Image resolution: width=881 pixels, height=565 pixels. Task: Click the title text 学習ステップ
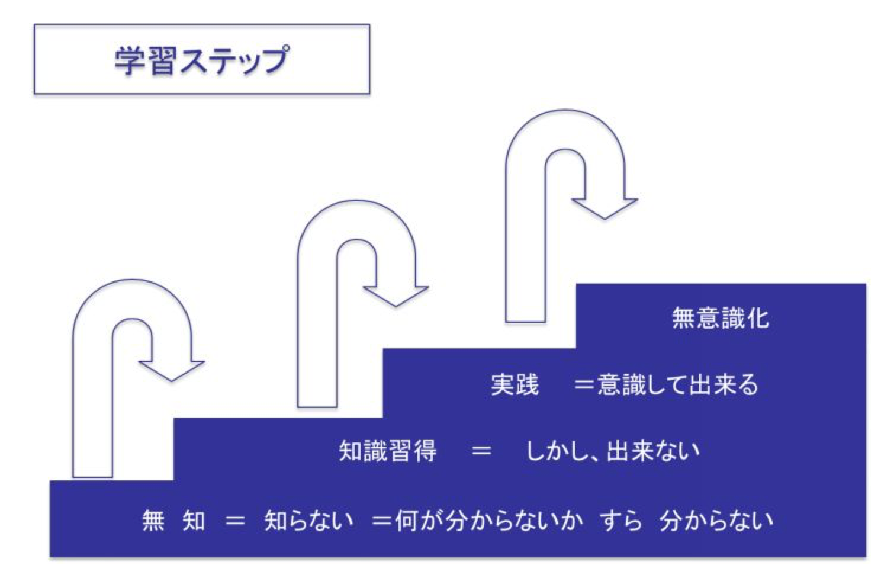[202, 60]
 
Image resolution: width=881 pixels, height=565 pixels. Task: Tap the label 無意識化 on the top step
[720, 318]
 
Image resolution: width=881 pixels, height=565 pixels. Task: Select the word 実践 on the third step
[515, 385]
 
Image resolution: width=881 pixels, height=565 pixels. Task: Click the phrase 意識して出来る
[677, 385]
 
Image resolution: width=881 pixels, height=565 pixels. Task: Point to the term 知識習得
[388, 451]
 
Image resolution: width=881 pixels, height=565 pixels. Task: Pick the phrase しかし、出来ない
[612, 451]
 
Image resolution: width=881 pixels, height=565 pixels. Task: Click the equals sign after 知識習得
[481, 451]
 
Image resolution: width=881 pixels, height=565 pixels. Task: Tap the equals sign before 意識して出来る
[584, 385]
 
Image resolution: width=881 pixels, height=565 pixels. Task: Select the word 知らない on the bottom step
[308, 521]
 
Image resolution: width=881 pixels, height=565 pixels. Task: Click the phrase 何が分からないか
[489, 521]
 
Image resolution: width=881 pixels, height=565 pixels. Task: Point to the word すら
[620, 521]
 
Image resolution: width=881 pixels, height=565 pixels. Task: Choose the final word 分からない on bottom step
[716, 521]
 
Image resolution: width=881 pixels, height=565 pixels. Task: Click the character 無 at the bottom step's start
[153, 521]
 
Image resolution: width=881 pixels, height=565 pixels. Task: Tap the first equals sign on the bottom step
[235, 521]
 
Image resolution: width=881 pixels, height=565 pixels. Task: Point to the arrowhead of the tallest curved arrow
[605, 207]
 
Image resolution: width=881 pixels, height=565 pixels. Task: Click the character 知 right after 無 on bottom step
[194, 521]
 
